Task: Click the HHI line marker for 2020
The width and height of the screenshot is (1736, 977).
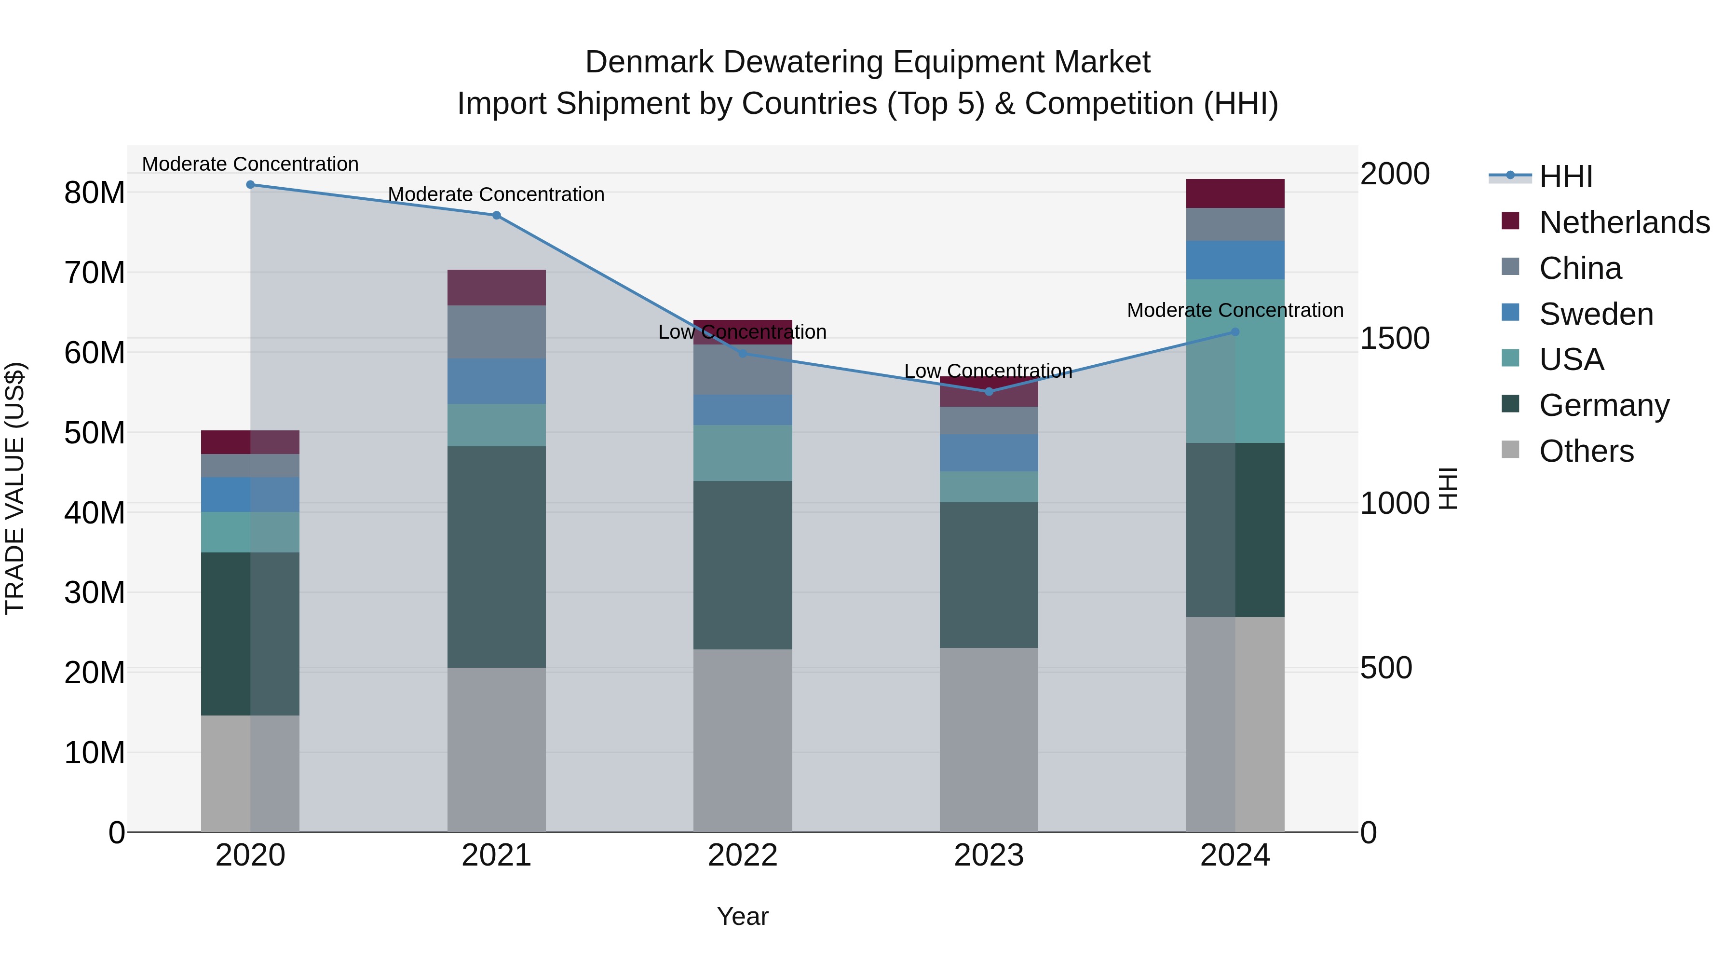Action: pyautogui.click(x=250, y=185)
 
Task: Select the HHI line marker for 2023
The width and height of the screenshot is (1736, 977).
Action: pyautogui.click(x=989, y=392)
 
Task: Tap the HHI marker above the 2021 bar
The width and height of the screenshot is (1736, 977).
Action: pyautogui.click(x=496, y=216)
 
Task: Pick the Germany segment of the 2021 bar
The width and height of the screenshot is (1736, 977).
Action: pyautogui.click(x=496, y=557)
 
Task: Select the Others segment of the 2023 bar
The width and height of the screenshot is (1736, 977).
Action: pyautogui.click(x=989, y=740)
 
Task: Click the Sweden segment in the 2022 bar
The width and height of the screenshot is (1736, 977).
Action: pyautogui.click(x=743, y=410)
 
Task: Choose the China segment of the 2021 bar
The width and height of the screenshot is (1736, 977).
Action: pyautogui.click(x=496, y=332)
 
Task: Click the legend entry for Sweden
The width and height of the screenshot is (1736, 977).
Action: pyautogui.click(x=1595, y=314)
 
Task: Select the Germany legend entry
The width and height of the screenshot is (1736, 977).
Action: pyautogui.click(x=1604, y=405)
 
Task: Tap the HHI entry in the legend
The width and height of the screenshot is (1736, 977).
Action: pyautogui.click(x=1565, y=177)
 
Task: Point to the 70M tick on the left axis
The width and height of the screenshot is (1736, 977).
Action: pyautogui.click(x=95, y=273)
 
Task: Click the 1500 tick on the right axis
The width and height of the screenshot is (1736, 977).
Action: pyautogui.click(x=1394, y=339)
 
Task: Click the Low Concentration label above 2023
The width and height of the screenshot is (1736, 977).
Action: pyautogui.click(x=988, y=371)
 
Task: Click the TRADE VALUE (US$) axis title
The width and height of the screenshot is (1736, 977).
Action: pyautogui.click(x=15, y=488)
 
